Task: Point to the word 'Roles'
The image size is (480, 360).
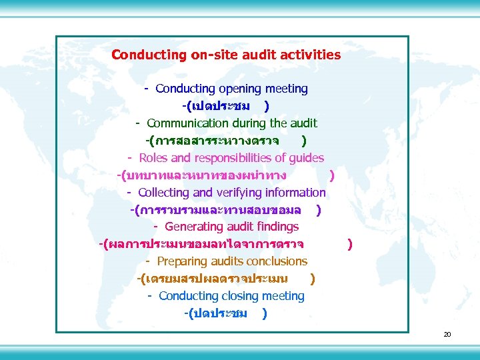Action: (x=153, y=158)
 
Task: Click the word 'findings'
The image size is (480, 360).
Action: (x=276, y=227)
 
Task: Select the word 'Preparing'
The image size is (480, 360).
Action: (x=182, y=262)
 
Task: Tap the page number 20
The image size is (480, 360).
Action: (x=447, y=334)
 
